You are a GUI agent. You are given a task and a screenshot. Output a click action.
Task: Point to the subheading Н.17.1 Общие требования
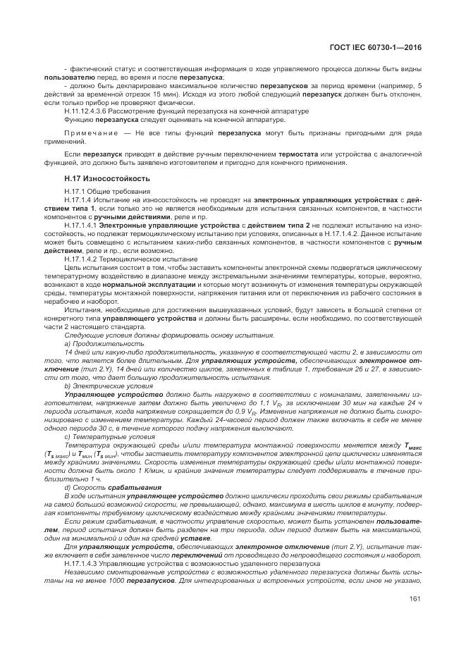click(x=106, y=192)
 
